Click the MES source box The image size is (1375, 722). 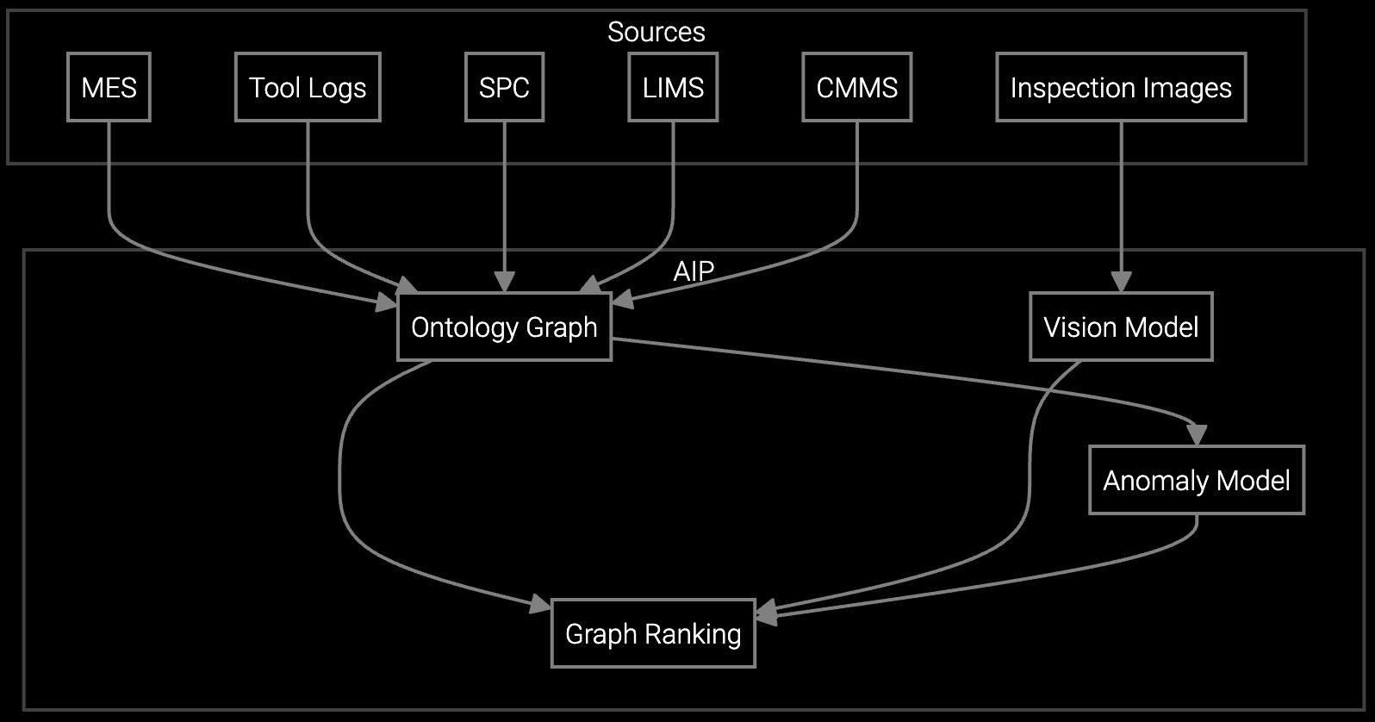[109, 87]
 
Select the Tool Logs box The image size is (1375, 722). [308, 87]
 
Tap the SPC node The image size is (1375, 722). [504, 87]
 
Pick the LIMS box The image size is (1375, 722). [673, 87]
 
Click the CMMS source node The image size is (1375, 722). [856, 87]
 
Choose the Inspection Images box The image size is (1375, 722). [1121, 87]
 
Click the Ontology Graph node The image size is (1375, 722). [504, 327]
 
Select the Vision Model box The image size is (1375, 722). [1121, 327]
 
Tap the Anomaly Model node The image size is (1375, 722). [1197, 480]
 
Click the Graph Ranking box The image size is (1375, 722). [653, 633]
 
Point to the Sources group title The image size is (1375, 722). [656, 32]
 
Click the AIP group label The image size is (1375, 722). [694, 271]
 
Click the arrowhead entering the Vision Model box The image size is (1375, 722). [1121, 283]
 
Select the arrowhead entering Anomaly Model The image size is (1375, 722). [1197, 433]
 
